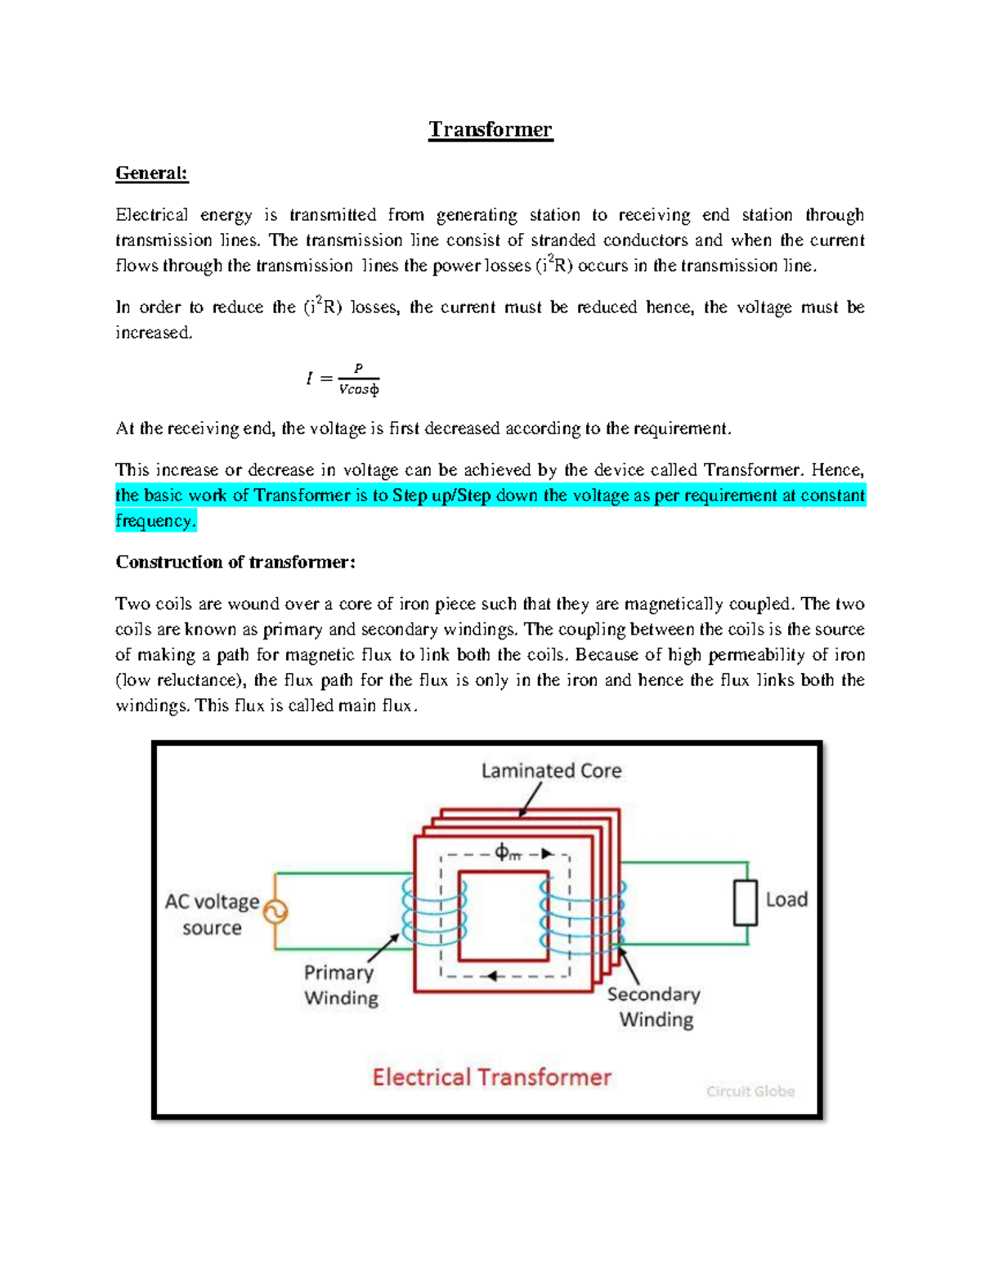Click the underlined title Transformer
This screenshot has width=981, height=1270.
(x=490, y=130)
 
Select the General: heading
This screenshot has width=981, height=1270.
(x=151, y=173)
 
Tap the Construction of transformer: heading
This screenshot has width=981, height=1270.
(x=235, y=563)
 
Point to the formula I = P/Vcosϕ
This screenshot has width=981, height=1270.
(x=343, y=379)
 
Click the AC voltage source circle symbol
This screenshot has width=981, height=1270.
(x=275, y=911)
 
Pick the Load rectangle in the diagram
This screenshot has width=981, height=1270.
(x=745, y=903)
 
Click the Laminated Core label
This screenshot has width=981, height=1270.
(x=551, y=770)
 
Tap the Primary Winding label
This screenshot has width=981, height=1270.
(x=340, y=985)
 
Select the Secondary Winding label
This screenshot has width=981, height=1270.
(x=654, y=1007)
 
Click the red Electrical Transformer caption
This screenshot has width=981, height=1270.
(x=491, y=1077)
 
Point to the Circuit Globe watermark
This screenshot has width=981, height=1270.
(x=750, y=1092)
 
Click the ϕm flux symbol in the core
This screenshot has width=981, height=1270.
(x=507, y=854)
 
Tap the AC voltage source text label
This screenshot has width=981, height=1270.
(x=212, y=914)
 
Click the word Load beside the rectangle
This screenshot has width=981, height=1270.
(x=786, y=900)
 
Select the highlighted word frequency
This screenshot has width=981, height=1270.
(x=155, y=521)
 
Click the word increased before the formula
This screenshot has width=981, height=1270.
(x=153, y=333)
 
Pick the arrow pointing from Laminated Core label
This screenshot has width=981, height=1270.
(x=531, y=799)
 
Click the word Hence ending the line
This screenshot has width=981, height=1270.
(x=840, y=470)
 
